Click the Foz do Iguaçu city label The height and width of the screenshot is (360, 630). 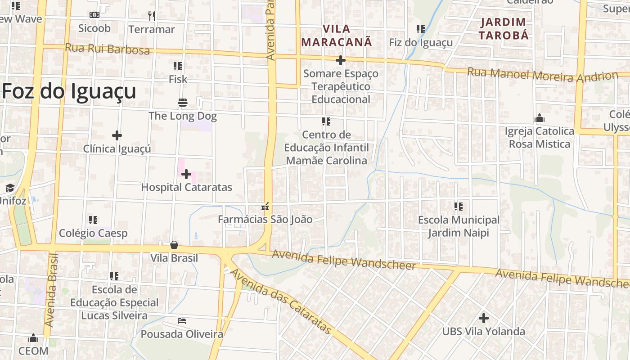pos(69,92)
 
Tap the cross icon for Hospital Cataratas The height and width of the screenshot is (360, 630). pos(186,174)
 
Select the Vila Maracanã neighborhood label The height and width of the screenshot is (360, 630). pos(337,36)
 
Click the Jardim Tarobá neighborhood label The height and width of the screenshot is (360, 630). pos(503,28)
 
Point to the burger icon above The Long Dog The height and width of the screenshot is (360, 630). pos(183,103)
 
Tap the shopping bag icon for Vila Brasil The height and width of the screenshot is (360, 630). pos(174,245)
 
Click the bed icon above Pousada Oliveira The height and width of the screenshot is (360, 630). pos(182,321)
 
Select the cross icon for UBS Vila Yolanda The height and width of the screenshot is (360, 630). pos(484,318)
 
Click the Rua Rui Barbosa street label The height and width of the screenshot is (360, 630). pos(107,49)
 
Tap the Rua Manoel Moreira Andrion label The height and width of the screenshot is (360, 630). pos(542,75)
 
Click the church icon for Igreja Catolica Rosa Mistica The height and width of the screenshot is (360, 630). pos(540,118)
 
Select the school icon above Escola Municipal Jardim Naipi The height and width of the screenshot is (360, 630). pos(459,207)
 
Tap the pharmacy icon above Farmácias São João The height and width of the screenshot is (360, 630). pos(265,207)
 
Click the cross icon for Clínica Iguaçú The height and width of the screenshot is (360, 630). pos(117,135)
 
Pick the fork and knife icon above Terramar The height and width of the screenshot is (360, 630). pos(152,16)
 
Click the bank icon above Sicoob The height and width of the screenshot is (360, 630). pos(94,15)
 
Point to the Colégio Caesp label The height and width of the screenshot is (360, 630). pos(93,233)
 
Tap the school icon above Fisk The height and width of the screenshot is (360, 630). pos(178,66)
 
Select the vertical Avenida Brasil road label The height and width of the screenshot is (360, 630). pos(52,290)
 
